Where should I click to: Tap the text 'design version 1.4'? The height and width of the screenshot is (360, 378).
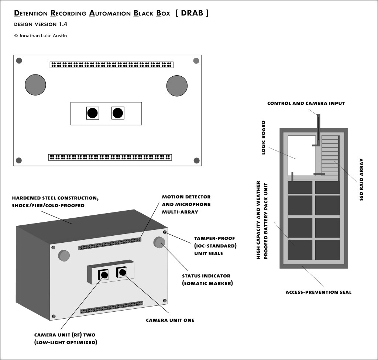(41, 25)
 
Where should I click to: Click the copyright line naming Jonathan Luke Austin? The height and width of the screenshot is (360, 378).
(41, 36)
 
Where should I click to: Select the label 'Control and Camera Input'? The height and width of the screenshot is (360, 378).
(306, 103)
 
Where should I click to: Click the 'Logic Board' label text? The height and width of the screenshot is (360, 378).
(263, 138)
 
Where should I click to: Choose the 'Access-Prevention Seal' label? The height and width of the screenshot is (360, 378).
(318, 292)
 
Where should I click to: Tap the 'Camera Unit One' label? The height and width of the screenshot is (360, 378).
(170, 320)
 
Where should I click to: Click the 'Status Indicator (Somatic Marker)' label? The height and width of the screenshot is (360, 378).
(206, 280)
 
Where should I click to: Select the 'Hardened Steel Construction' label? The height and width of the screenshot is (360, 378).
(55, 202)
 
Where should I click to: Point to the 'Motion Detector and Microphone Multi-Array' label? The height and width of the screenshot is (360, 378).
(186, 204)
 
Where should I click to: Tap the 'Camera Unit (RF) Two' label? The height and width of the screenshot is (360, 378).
(65, 339)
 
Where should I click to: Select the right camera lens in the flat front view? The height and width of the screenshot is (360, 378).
(118, 113)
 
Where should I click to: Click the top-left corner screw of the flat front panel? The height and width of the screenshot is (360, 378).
(19, 61)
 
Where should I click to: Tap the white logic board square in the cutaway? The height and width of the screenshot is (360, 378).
(301, 155)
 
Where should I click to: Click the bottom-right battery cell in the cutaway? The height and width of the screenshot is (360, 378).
(327, 250)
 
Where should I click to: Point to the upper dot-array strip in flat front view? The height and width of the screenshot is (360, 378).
(111, 65)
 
